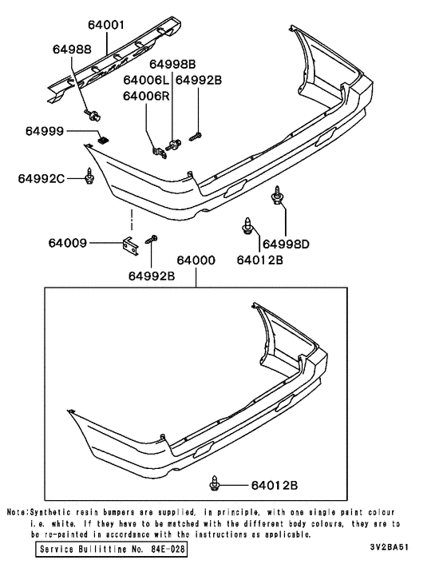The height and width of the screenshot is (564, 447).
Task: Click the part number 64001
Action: point(107,26)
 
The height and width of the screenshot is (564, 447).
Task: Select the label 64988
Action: point(73,49)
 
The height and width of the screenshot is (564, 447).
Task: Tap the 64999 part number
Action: point(43,130)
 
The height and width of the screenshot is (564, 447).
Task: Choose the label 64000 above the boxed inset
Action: point(196,261)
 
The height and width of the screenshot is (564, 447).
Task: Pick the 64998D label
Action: point(286,242)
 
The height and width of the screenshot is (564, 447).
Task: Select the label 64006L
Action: point(146,80)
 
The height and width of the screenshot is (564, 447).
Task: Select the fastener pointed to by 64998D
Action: point(278,194)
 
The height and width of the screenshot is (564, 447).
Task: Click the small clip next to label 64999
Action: point(102,140)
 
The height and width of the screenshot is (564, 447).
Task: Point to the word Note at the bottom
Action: point(18,512)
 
